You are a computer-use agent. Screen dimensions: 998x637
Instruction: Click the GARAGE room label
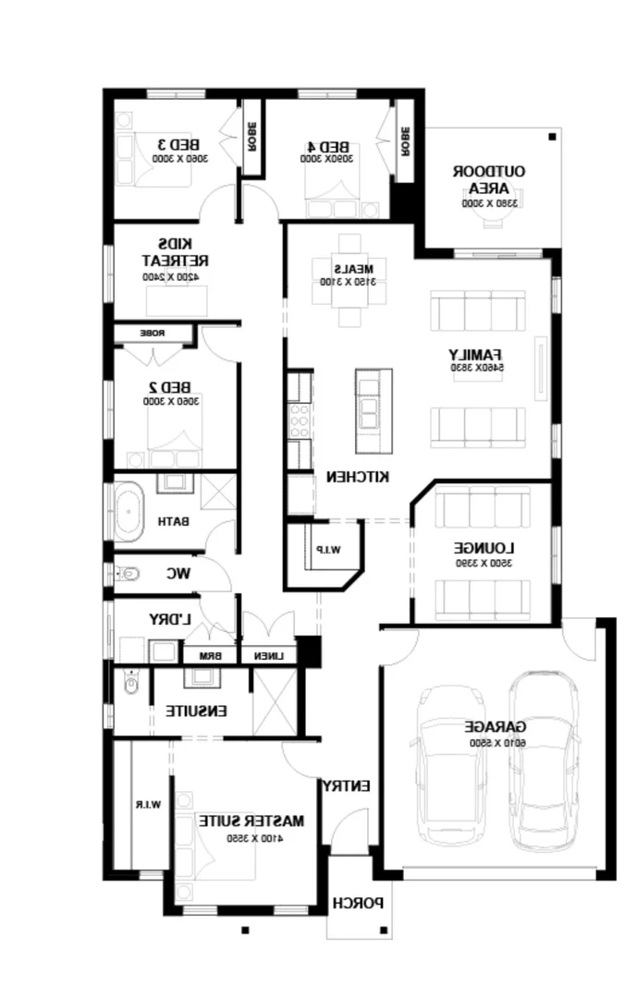(495, 726)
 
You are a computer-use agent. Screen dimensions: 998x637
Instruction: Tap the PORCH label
(359, 903)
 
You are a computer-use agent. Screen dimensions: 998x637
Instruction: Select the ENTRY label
(346, 785)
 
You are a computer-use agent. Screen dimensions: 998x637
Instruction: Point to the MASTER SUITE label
(251, 820)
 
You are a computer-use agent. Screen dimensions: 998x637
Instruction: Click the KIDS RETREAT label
(169, 250)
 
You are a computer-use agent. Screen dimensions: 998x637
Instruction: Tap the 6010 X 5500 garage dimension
(496, 742)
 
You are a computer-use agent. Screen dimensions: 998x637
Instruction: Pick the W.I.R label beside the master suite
(149, 805)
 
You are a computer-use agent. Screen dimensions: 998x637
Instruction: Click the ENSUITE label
(197, 711)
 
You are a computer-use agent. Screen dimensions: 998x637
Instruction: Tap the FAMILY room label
(475, 354)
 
